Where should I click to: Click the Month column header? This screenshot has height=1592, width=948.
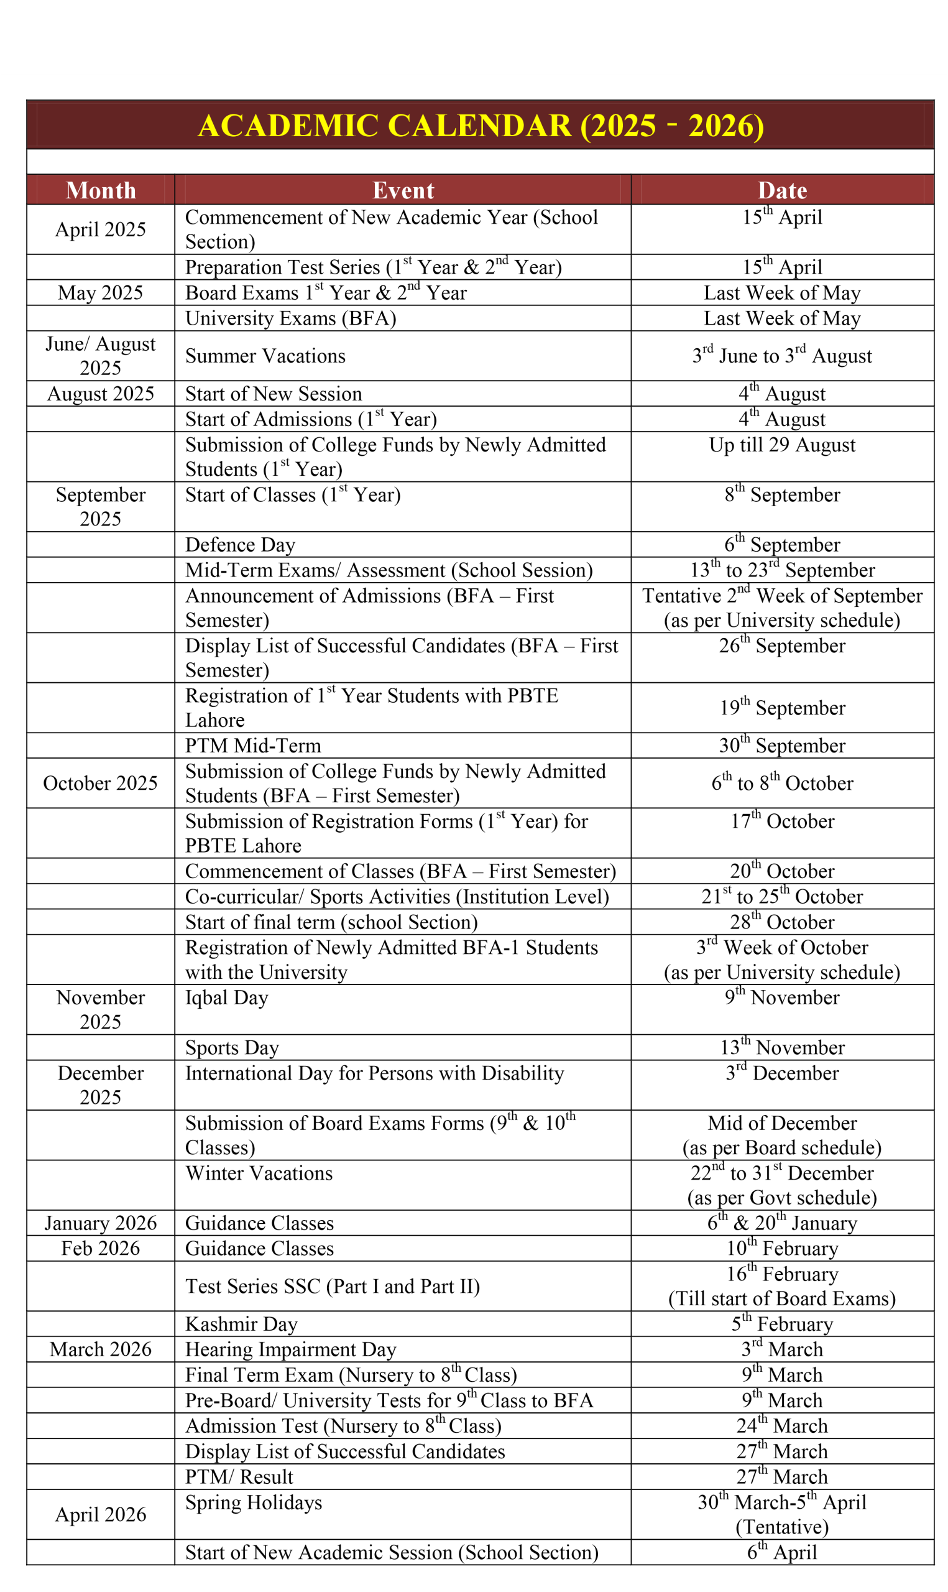pos(100,190)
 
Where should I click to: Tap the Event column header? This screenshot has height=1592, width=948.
pos(403,190)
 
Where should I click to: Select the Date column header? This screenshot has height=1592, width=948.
pos(782,190)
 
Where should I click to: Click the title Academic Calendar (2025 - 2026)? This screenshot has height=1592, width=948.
pos(481,125)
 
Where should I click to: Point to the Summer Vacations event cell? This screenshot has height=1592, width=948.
pos(265,356)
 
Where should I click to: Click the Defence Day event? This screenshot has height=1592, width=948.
pos(240,545)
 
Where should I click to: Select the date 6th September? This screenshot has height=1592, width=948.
pos(782,545)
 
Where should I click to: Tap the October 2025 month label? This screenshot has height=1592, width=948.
pos(100,783)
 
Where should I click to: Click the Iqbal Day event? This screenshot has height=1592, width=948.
pos(226,998)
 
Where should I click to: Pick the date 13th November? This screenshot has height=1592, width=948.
pos(782,1048)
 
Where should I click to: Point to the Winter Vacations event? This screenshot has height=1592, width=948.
pos(259,1173)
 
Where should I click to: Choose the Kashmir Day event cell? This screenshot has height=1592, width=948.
pos(241,1325)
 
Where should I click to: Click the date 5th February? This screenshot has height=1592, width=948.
pos(782,1325)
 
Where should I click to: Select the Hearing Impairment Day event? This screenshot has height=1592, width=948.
pos(291,1350)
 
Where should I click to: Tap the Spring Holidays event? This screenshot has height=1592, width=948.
pos(254,1502)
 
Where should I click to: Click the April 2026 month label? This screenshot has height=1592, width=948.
pos(100,1515)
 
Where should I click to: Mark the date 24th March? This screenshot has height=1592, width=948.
pos(782,1426)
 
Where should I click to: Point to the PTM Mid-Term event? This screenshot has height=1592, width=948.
pos(253,746)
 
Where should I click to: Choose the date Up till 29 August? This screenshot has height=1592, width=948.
pos(782,445)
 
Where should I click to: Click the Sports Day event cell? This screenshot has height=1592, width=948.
pos(232,1048)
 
